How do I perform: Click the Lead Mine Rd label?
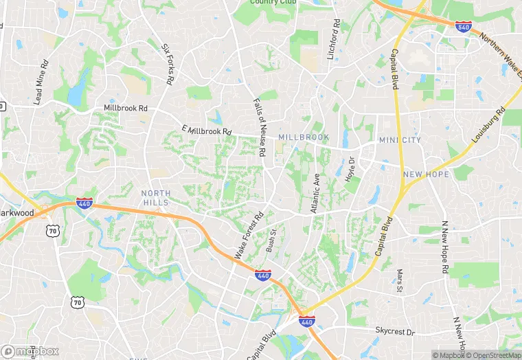pyautogui.click(x=41, y=82)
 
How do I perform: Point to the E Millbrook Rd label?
pyautogui.click(x=207, y=131)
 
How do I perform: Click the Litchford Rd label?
pyautogui.click(x=334, y=38)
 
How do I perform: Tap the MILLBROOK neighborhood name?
pyautogui.click(x=304, y=138)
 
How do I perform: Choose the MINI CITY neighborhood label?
pyautogui.click(x=399, y=141)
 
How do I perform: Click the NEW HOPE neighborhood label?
pyautogui.click(x=426, y=175)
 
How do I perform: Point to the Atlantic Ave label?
pyautogui.click(x=317, y=192)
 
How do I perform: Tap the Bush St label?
pyautogui.click(x=271, y=241)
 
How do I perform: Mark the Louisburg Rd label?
pyautogui.click(x=489, y=125)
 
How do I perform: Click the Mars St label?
pyautogui.click(x=400, y=280)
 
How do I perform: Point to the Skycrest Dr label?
pyautogui.click(x=396, y=332)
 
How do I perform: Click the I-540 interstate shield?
pyautogui.click(x=464, y=27)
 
